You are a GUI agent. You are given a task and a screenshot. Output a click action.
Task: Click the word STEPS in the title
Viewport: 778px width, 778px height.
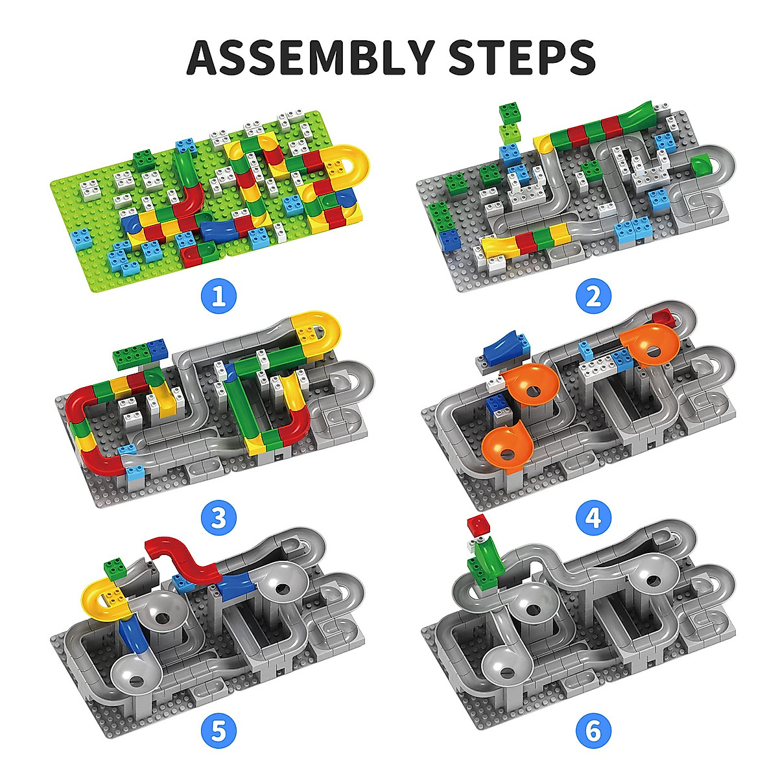click(x=522, y=57)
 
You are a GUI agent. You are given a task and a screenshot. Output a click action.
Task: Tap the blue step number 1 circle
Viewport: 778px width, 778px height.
click(x=218, y=296)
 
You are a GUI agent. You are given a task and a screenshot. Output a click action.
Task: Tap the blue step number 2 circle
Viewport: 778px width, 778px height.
click(x=593, y=296)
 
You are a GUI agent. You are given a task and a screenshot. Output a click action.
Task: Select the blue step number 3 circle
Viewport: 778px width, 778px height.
click(x=218, y=518)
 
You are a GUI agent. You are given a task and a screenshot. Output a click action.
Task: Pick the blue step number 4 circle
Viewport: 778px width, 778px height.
click(x=593, y=518)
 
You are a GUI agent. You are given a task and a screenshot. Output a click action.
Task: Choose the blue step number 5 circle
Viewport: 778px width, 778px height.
click(x=218, y=732)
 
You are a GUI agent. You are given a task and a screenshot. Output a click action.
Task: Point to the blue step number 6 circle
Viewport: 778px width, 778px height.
click(x=593, y=732)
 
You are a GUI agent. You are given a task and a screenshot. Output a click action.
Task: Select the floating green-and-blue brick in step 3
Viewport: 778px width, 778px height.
click(x=139, y=353)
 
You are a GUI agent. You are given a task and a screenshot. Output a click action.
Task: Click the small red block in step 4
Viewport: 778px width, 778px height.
click(x=663, y=318)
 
